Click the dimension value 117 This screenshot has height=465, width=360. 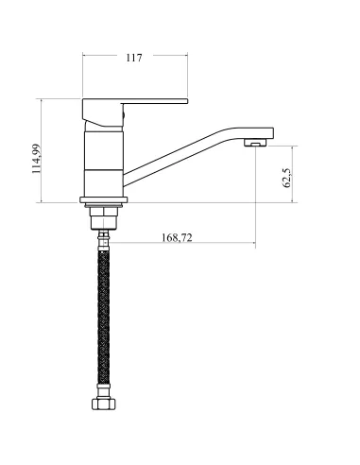pos(134,58)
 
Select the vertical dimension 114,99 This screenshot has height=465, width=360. pos(37,159)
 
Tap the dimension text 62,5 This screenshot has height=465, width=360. pos(287,178)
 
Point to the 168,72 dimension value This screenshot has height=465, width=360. pos(177,237)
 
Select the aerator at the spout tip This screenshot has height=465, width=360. pos(255,143)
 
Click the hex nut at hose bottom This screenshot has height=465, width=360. pos(104,404)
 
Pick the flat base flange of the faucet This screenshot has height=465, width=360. pos(104,200)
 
